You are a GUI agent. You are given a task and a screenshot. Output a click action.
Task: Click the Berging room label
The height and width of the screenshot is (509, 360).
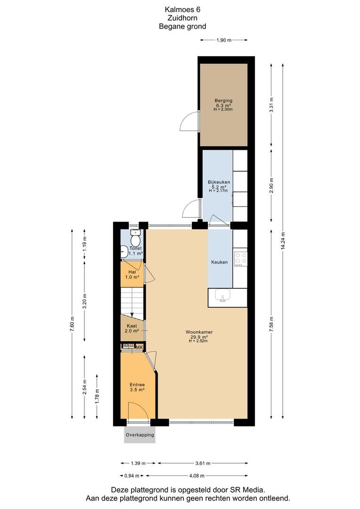coord(223,101)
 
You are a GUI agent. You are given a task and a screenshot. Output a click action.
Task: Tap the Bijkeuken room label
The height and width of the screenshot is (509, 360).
coord(219,182)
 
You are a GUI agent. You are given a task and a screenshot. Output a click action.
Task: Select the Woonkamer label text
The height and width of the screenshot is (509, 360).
coord(199,332)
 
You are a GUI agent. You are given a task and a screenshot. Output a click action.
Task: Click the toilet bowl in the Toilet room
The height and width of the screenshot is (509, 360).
coord(135,240)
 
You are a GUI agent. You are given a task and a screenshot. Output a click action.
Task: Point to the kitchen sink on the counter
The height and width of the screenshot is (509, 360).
coord(222,296)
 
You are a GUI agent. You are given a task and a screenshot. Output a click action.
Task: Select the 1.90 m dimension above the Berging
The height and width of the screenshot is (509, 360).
coord(224,40)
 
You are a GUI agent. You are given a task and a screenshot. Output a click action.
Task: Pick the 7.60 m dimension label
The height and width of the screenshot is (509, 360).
coord(72,324)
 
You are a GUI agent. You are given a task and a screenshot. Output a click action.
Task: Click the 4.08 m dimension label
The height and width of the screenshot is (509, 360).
coord(196,476)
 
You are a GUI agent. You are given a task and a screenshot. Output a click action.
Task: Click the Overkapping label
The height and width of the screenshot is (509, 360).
coord(140,435)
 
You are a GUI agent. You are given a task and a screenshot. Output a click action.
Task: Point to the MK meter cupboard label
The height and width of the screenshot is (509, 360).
coord(139,347)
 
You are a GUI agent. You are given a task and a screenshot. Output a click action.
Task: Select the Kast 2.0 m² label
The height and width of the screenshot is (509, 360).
coord(132,328)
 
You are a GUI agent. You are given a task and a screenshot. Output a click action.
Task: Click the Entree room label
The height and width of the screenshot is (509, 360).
coord(137,387)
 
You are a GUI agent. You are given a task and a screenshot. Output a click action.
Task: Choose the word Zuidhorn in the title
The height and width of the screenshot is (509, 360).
coord(182,18)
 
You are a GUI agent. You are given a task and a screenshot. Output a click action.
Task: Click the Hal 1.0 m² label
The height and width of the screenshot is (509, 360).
coord(132,275)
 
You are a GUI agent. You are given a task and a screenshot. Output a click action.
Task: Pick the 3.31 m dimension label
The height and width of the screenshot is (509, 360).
coord(271,105)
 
